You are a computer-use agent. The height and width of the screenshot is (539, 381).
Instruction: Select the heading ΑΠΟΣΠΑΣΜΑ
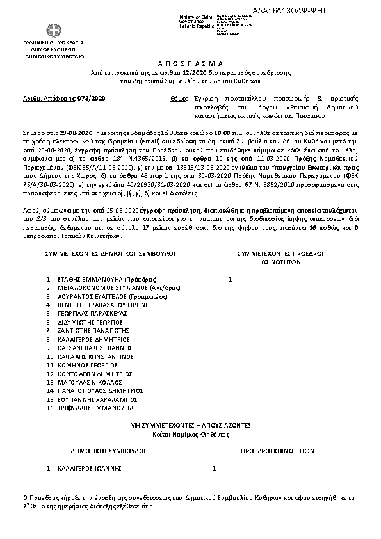tap(190, 65)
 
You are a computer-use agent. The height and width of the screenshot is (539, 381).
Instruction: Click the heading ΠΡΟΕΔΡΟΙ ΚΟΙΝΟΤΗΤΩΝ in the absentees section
tap(277, 450)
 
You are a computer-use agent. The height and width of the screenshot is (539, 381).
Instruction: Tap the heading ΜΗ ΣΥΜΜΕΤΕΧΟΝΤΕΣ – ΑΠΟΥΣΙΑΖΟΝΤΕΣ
tap(190, 424)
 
